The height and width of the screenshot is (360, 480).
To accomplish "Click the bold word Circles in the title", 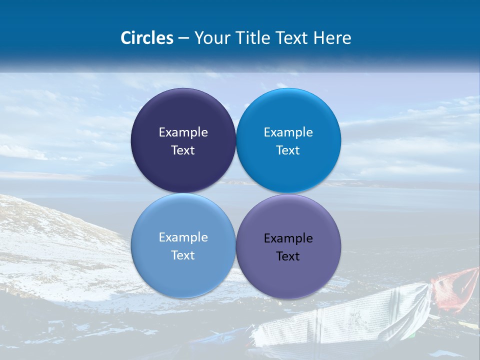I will pyautogui.click(x=146, y=38).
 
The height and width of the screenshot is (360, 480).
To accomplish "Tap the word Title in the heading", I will pyautogui.click(x=256, y=38).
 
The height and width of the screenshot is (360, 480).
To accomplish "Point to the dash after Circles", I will pyautogui.click(x=183, y=38).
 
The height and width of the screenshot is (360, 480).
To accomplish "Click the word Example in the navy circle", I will pyautogui.click(x=183, y=132).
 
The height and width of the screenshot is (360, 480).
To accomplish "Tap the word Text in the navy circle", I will pyautogui.click(x=183, y=150).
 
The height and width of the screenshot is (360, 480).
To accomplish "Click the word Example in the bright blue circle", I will pyautogui.click(x=288, y=132).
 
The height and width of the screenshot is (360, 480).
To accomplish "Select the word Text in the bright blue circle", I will pyautogui.click(x=288, y=150).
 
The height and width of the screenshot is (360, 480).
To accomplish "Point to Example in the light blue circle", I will pyautogui.click(x=183, y=237).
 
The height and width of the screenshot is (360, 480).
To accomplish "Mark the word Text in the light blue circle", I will pyautogui.click(x=183, y=255).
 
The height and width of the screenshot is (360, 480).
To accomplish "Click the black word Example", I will pyautogui.click(x=288, y=238).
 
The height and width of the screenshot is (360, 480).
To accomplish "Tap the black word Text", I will pyautogui.click(x=288, y=256).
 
